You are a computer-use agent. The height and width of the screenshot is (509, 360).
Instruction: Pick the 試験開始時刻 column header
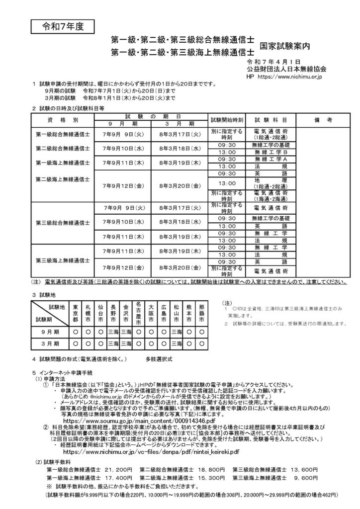point(227,120)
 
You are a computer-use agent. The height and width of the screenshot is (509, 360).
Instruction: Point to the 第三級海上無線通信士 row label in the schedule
point(63,259)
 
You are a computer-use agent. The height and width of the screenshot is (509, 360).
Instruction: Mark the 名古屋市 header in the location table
point(139,313)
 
